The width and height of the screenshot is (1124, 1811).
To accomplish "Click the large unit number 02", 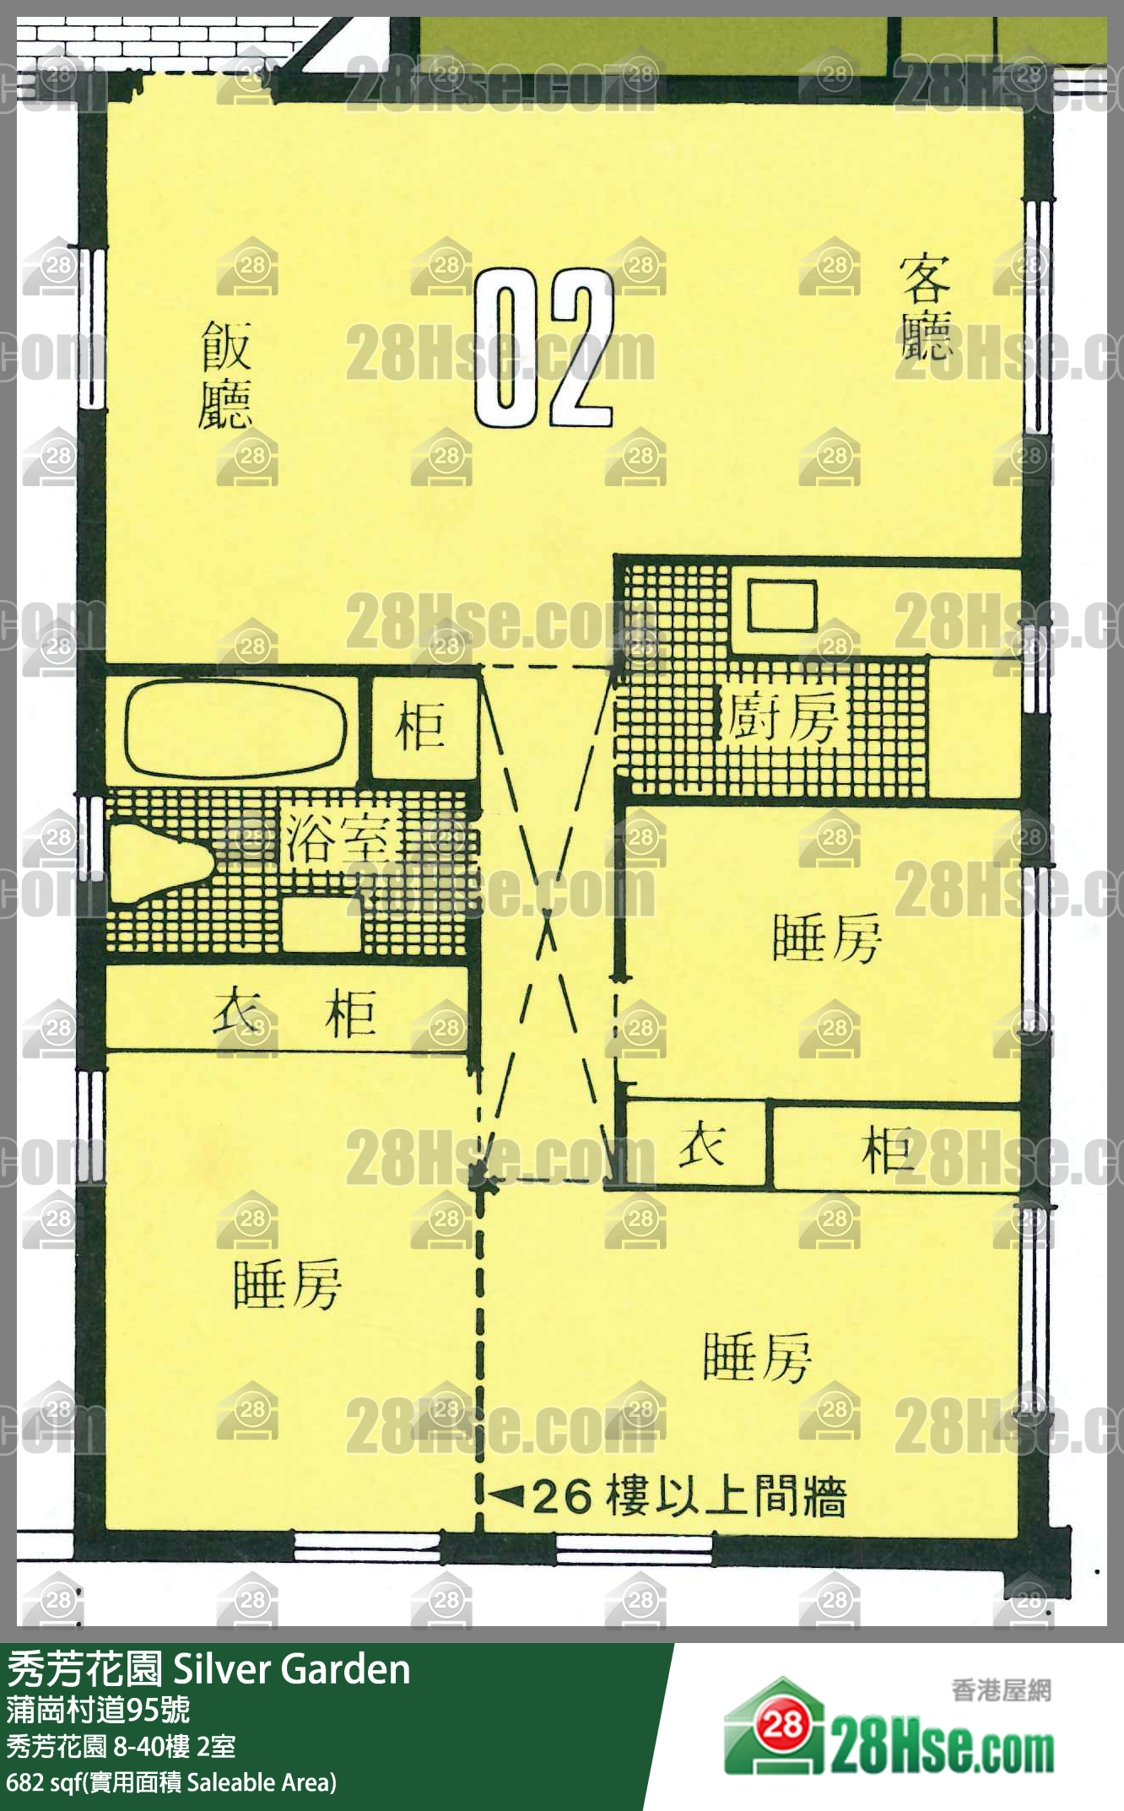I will click(543, 348).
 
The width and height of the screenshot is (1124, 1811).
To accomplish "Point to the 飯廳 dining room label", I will click(226, 375).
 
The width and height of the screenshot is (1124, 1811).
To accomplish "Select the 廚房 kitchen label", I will click(781, 716).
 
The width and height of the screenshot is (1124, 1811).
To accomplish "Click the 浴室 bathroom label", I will click(338, 838).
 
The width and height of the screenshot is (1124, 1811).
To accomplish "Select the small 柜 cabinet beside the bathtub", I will click(420, 727).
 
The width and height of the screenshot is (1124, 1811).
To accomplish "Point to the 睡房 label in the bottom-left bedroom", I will click(287, 1284).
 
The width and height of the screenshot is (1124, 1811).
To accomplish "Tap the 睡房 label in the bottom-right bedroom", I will click(757, 1357).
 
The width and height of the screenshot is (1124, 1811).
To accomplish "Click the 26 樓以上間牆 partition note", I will click(689, 1497).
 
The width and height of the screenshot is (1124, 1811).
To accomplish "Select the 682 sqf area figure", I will click(41, 1782).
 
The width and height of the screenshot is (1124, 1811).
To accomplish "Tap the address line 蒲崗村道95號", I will click(98, 1709).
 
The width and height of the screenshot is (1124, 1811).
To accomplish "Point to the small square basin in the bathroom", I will click(321, 924).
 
